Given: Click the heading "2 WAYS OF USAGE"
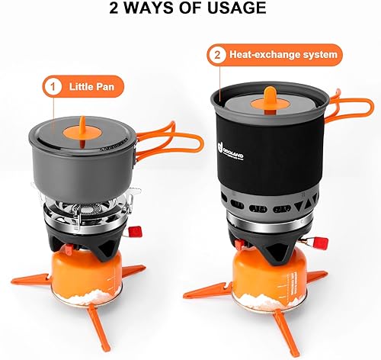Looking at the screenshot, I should click(190, 10).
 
